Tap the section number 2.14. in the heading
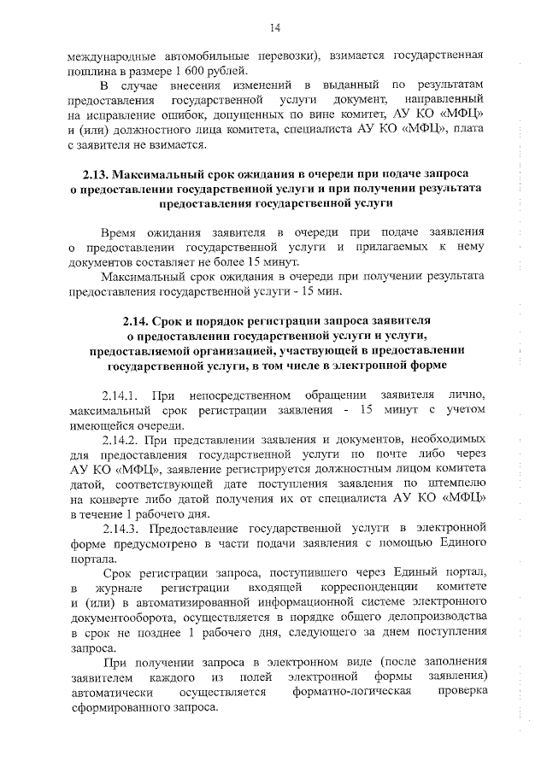pyautogui.click(x=142, y=321)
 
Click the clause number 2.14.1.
pyautogui.click(x=121, y=395)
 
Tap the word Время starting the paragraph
pyautogui.click(x=120, y=232)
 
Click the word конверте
pyautogui.click(x=113, y=500)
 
